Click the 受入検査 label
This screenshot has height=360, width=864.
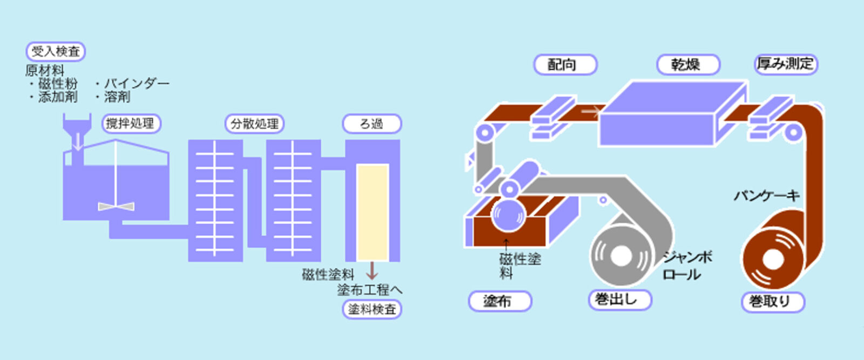click(56, 52)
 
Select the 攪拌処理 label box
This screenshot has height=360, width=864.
click(131, 124)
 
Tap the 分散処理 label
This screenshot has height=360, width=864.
click(254, 124)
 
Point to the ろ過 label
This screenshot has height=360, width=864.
click(372, 124)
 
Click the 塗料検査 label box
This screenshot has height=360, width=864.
click(372, 309)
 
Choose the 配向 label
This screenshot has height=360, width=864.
click(565, 65)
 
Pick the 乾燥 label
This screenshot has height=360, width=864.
click(688, 65)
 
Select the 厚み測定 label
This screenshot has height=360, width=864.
click(785, 64)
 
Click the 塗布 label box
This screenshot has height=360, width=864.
click(500, 301)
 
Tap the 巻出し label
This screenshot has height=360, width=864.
click(619, 300)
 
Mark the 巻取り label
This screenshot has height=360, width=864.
click(773, 301)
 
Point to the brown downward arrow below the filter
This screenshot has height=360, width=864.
click(372, 270)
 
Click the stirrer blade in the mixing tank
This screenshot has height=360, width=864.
click(116, 206)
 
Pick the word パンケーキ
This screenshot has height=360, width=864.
click(766, 195)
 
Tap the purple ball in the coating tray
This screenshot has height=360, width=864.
click(507, 215)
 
